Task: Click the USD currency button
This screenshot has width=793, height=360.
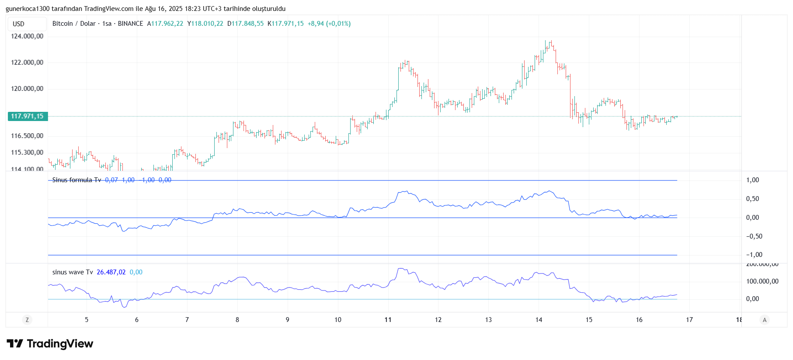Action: point(19,24)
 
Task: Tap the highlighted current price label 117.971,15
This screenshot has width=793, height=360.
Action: point(27,116)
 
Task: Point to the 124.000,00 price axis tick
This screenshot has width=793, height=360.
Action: point(27,36)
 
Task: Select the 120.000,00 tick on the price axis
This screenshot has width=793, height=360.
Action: point(27,89)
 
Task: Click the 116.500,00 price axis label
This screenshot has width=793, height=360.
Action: point(27,136)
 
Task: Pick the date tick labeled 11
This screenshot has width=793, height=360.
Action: point(388,320)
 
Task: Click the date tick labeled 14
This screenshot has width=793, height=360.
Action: point(539,320)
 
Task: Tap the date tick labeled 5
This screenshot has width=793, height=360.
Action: point(87,320)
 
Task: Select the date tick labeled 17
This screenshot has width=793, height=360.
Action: point(689,320)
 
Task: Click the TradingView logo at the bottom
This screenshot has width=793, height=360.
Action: point(50,344)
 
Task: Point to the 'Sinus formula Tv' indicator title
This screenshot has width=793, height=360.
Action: point(77,180)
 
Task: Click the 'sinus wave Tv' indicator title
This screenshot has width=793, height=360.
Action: point(73,272)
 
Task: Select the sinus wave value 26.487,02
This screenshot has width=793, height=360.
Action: point(111,272)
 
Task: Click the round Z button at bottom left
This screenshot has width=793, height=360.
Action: point(27,320)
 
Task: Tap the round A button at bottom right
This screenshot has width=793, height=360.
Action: point(765,320)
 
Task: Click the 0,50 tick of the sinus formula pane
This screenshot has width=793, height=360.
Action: point(752,199)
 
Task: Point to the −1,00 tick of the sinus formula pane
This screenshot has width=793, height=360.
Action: point(754,255)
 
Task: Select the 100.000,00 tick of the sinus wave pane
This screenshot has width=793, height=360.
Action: point(762,281)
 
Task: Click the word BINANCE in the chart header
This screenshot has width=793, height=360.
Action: point(130,24)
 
